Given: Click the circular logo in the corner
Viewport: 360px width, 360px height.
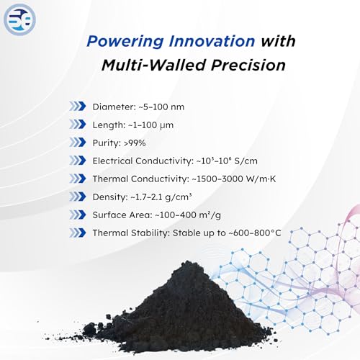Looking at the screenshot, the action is [x=19, y=19].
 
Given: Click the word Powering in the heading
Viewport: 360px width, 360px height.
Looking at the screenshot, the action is [x=125, y=42].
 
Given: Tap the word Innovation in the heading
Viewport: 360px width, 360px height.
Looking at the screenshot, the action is [x=212, y=41].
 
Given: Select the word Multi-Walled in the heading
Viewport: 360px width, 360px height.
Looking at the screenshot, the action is [x=153, y=65].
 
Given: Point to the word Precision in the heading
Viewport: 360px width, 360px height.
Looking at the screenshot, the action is [x=248, y=65].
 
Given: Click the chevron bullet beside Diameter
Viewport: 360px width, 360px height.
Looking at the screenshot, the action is [x=78, y=106].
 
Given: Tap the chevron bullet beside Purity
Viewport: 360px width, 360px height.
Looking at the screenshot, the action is [x=78, y=143].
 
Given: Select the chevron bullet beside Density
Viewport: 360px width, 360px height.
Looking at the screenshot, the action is [x=78, y=197].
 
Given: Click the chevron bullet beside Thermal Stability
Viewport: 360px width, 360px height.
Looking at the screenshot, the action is [x=78, y=233].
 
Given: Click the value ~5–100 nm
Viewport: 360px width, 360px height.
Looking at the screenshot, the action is [x=162, y=107].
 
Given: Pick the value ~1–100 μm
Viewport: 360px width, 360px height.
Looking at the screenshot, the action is [x=150, y=125].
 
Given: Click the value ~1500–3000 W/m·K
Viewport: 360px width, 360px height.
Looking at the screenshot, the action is [x=234, y=179].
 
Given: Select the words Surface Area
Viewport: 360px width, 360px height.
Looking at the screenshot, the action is [x=122, y=215].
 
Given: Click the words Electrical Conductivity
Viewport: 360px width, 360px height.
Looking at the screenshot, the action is [x=143, y=161].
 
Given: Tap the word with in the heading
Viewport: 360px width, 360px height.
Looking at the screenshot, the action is [x=278, y=41].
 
